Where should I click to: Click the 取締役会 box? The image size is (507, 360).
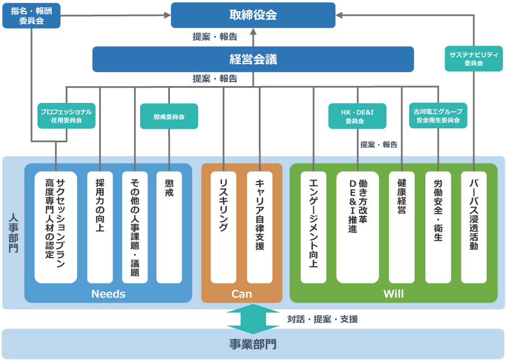(253, 15)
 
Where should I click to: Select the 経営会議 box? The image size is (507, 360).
(253, 59)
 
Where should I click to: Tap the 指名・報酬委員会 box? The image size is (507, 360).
(32, 16)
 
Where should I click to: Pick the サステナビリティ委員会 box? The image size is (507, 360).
(474, 58)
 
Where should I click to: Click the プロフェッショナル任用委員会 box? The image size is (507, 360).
(66, 116)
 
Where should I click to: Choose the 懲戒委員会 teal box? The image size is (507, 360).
(169, 116)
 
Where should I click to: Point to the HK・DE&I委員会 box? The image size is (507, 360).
(357, 116)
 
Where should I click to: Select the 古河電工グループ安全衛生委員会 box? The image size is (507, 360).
(438, 116)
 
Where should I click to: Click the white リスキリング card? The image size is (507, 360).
(223, 227)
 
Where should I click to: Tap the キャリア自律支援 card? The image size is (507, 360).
(259, 227)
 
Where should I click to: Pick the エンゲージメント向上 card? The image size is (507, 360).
(313, 227)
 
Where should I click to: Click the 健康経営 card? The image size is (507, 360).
(402, 227)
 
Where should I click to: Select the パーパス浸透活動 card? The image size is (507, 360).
(474, 227)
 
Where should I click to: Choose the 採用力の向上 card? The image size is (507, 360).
(100, 227)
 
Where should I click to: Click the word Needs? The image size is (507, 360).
(108, 294)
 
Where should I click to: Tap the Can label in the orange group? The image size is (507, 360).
(241, 294)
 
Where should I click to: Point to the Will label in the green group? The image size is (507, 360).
(393, 294)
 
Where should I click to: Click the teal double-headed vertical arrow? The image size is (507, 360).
(253, 318)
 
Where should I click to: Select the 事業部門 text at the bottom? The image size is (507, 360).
(253, 344)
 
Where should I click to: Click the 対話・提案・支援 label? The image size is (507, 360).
(322, 319)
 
